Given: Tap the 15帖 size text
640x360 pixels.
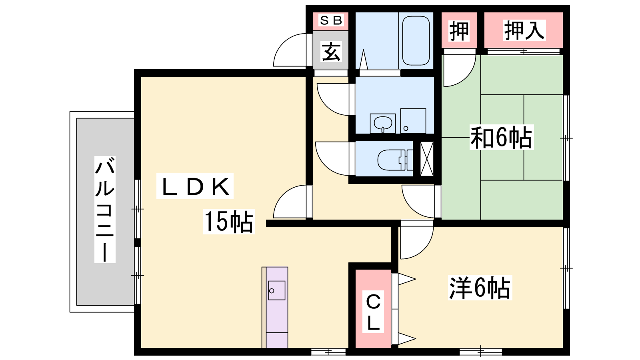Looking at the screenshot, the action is pos(229,222).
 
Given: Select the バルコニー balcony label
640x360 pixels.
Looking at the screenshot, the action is pos(105,210).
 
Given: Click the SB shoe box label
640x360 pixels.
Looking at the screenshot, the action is pos(331,20).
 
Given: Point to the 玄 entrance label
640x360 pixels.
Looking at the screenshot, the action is pos(331,52).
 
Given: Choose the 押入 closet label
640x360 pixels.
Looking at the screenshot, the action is pos(524,30).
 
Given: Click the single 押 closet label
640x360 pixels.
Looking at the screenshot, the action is pos(459,31).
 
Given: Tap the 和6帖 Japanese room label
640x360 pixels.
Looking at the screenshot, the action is pos(502,138).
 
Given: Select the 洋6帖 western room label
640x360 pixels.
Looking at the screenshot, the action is pos(480,288).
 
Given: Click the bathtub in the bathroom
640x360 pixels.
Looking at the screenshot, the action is pos(416,40).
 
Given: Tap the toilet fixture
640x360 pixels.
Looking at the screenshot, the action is pos(395,160).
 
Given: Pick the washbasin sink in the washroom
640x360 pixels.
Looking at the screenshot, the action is pos(383,124).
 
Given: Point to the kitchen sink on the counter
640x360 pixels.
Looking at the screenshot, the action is pos(276,290).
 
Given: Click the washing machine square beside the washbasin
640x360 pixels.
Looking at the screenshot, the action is pos(413,121).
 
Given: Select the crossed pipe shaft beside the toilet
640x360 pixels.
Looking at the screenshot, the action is pos(427,158).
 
